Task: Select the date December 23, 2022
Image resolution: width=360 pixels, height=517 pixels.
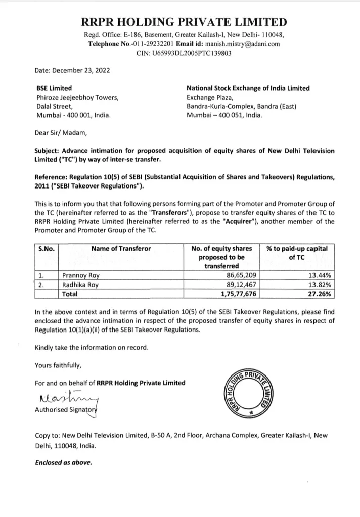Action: pyautogui.click(x=73, y=70)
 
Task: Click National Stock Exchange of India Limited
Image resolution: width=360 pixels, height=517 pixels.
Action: pyautogui.click(x=248, y=88)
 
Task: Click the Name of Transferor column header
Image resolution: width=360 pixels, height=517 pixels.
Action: pyautogui.click(x=121, y=248)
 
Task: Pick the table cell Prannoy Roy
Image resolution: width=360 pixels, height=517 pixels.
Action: pyautogui.click(x=79, y=276)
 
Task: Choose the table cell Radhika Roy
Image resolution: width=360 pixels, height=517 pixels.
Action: pyautogui.click(x=79, y=285)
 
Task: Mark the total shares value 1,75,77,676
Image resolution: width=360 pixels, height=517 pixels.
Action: pyautogui.click(x=236, y=294)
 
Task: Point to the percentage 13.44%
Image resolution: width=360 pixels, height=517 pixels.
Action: pyautogui.click(x=319, y=276)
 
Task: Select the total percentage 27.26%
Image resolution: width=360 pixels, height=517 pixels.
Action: pyautogui.click(x=319, y=294)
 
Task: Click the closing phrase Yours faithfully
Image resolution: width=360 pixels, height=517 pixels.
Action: pyautogui.click(x=57, y=364)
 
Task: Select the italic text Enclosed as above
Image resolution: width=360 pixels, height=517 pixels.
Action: pyautogui.click(x=63, y=462)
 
